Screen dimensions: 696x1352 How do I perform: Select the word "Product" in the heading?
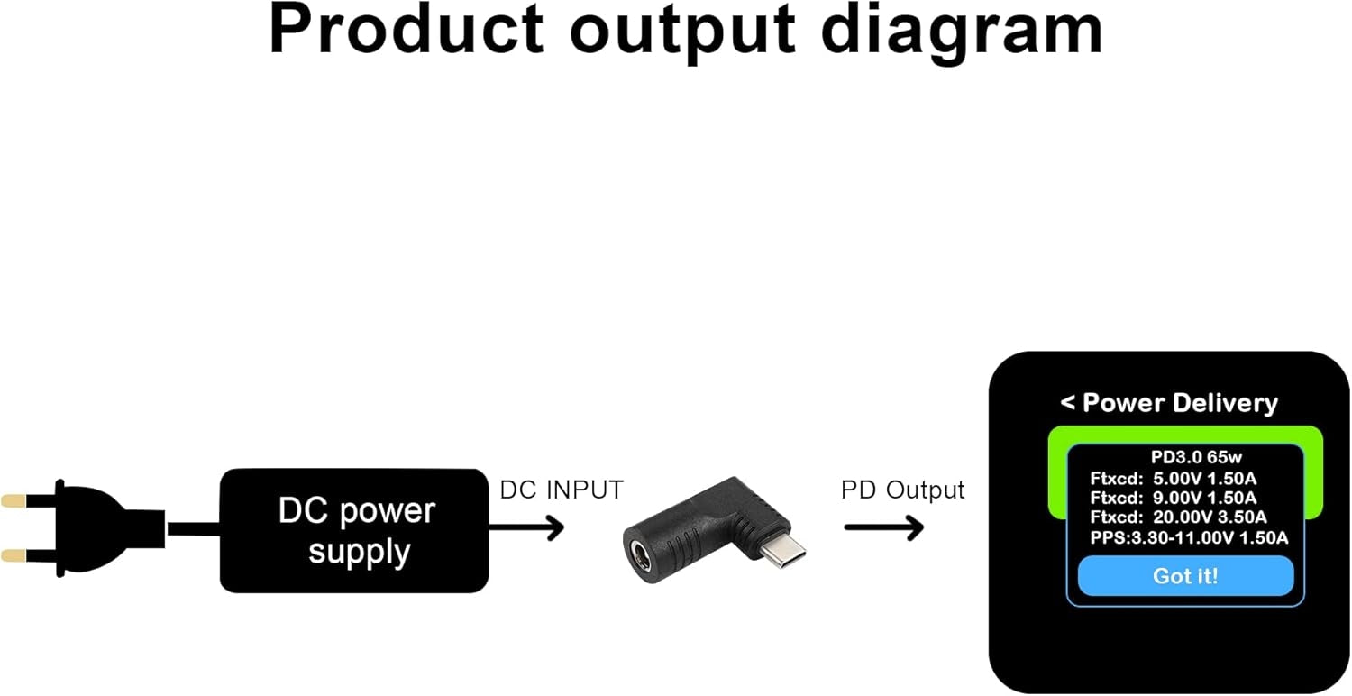tap(407, 30)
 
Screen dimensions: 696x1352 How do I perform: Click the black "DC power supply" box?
tap(354, 531)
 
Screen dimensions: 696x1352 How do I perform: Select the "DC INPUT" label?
tap(561, 490)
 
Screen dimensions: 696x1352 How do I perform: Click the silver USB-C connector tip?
tap(781, 549)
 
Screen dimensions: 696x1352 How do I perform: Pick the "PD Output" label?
tap(902, 490)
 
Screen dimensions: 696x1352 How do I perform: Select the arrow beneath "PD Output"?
tap(883, 527)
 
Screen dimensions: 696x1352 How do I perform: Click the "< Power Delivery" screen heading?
tap(1169, 403)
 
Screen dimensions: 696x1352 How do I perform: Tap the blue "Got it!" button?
tap(1185, 576)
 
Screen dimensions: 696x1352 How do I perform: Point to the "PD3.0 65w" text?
tap(1184, 458)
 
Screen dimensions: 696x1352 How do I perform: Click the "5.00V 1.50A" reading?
tap(1203, 478)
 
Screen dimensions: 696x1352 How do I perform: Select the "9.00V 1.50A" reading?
tap(1203, 498)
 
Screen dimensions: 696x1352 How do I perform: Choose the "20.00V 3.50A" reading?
tap(1210, 517)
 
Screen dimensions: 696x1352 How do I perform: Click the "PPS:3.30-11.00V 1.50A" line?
tap(1188, 538)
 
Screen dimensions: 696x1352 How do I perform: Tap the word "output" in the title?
tap(682, 30)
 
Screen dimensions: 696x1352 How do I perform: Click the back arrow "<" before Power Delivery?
tap(1068, 403)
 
